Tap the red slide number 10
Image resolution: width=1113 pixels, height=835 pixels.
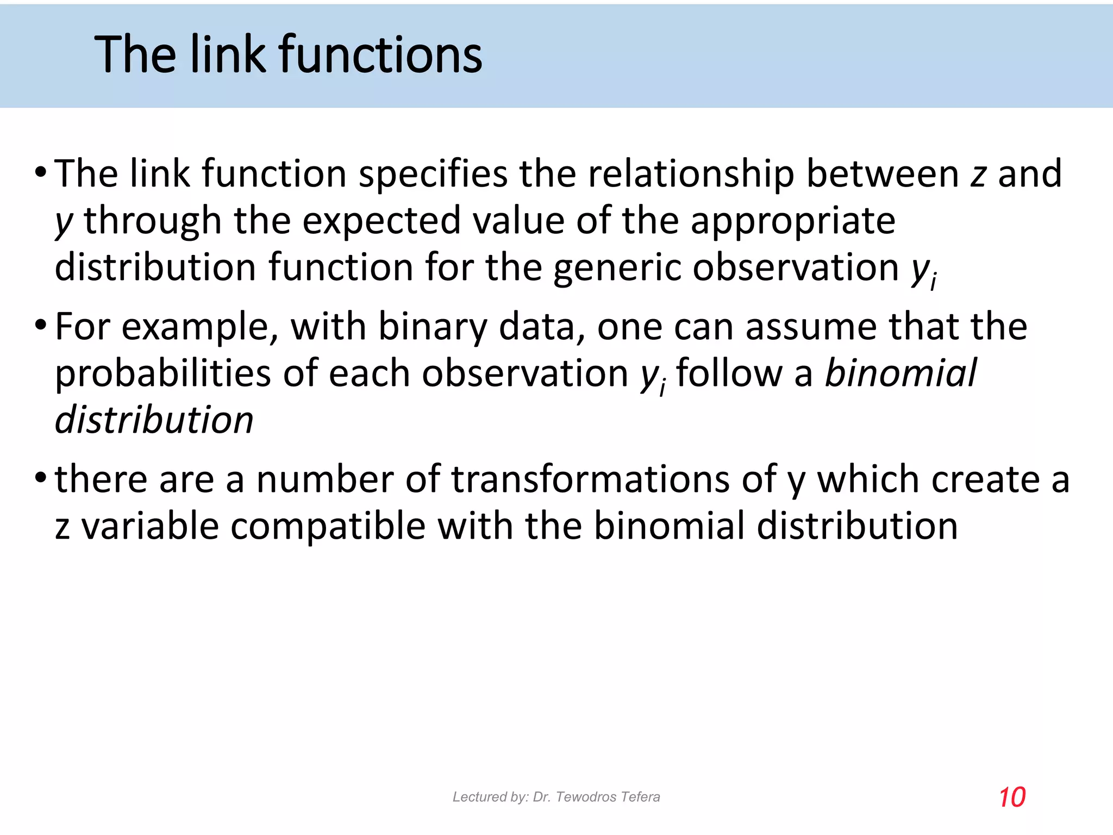click(x=1012, y=797)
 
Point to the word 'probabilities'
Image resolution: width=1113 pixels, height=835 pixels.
click(x=163, y=375)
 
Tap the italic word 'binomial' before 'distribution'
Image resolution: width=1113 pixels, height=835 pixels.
click(x=901, y=373)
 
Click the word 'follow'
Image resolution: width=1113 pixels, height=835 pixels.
click(x=729, y=373)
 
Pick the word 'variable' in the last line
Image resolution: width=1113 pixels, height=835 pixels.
click(x=150, y=527)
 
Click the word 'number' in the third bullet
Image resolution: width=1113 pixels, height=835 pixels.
click(x=325, y=480)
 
